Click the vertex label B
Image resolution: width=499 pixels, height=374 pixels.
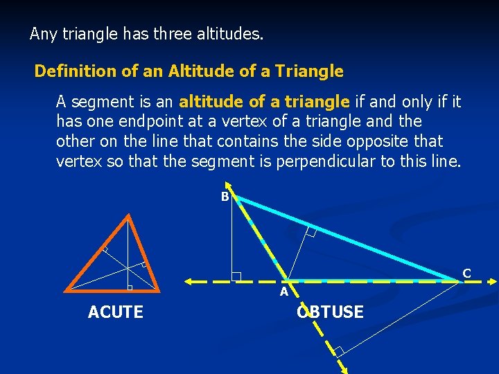coord(225,197)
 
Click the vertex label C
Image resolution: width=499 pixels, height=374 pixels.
coord(466,274)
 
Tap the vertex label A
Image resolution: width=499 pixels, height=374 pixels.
coord(284,292)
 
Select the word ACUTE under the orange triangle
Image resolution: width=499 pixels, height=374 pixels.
coord(116,312)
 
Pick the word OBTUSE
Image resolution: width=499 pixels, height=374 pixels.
coord(330,312)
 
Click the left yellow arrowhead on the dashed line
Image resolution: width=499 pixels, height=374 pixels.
coord(189,281)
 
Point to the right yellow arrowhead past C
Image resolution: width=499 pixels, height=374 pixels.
coord(493,281)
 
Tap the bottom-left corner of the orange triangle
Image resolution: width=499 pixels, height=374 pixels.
coord(67,289)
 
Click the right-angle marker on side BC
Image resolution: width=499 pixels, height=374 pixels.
coord(310,233)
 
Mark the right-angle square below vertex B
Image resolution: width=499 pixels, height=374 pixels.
coord(236,276)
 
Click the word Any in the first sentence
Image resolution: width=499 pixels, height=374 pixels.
coord(42,33)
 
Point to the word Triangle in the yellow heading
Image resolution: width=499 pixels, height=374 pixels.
coord(309,71)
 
